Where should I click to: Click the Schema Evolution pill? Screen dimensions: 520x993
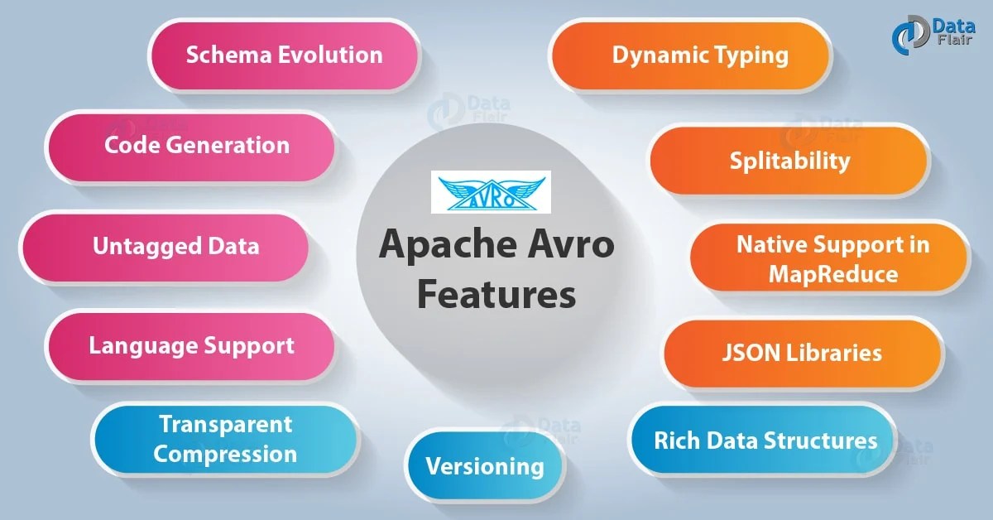click(x=284, y=55)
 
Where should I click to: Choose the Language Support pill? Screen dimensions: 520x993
click(x=190, y=345)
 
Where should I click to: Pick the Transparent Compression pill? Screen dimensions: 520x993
click(x=225, y=440)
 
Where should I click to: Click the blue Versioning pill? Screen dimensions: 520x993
click(x=485, y=466)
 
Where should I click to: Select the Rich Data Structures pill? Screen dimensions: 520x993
click(x=765, y=440)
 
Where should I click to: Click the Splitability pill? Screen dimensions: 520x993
click(x=789, y=160)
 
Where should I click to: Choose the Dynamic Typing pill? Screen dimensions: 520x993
click(x=699, y=55)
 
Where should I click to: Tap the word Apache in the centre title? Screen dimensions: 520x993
click(x=439, y=246)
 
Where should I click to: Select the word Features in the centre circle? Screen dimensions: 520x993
click(x=496, y=294)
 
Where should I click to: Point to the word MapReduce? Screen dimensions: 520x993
click(x=833, y=273)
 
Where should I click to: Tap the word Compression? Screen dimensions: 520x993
click(x=225, y=454)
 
